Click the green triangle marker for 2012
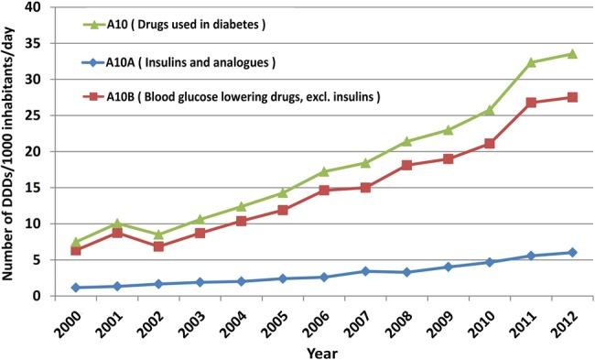click(571, 53)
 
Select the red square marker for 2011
click(532, 103)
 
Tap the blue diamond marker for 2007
click(365, 271)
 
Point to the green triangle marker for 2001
click(117, 224)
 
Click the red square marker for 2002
click(158, 246)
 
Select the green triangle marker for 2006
click(324, 171)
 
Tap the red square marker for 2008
click(406, 165)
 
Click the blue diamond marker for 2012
click(571, 253)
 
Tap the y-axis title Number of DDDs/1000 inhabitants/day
click(11, 151)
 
